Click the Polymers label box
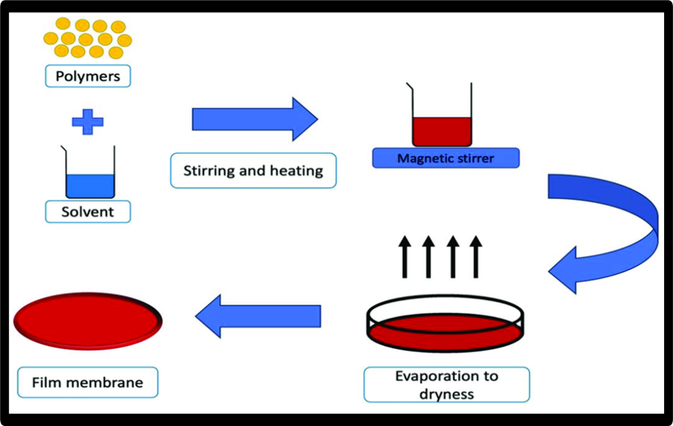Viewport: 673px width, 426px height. point(88,76)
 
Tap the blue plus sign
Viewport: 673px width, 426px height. point(88,121)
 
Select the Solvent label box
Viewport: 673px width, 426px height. point(88,212)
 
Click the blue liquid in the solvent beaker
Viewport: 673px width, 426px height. point(90,185)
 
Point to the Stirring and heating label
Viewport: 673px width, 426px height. point(253,171)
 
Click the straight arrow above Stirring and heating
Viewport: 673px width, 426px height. point(254,118)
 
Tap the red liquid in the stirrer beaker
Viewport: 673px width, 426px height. point(442,131)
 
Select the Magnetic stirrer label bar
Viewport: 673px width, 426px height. point(445,158)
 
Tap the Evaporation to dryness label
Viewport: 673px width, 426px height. point(446,385)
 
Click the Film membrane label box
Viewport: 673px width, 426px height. point(88,383)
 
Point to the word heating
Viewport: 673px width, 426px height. point(295,171)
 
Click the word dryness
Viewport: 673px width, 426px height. point(446,394)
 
